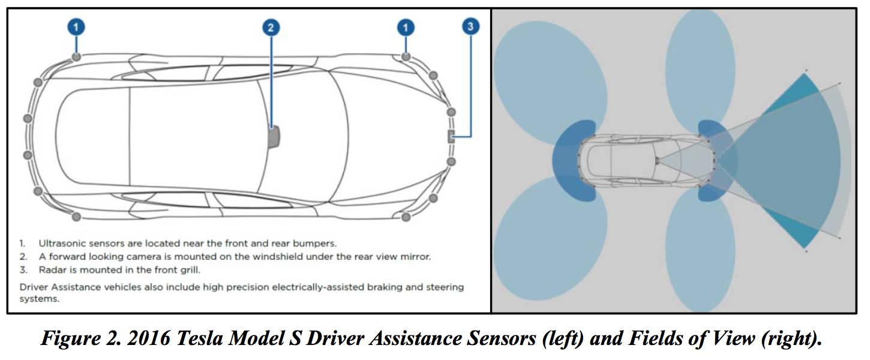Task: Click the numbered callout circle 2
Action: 271,27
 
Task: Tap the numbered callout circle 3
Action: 471,26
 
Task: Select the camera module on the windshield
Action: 274,136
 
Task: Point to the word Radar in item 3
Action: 52,270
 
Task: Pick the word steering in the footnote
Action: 443,287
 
